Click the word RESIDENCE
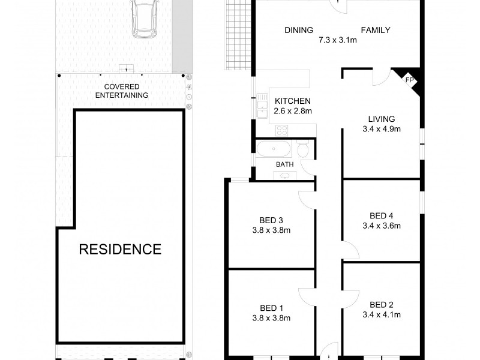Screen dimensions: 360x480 [121, 249]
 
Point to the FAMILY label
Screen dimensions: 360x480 [376, 31]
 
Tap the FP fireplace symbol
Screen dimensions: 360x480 [410, 79]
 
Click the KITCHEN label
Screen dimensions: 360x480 [293, 101]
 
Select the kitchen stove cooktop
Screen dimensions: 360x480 [282, 130]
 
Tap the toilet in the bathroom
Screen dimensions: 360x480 [303, 150]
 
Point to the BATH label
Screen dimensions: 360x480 [284, 164]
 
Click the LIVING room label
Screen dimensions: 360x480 [382, 118]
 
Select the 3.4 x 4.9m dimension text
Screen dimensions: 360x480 [382, 128]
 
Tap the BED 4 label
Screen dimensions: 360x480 [382, 216]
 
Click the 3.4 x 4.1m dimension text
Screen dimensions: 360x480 [382, 314]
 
